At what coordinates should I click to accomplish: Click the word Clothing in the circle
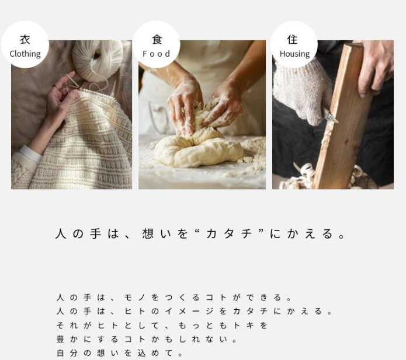pos(25,54)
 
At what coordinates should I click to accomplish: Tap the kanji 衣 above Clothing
pos(25,40)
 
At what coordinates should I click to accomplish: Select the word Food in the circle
pos(157,54)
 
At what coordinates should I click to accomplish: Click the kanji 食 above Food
pos(157,39)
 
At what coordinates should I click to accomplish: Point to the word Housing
pos(294,54)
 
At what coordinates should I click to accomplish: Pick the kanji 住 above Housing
pos(292,39)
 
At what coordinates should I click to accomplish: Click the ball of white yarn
pos(98,61)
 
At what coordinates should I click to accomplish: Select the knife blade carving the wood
pos(331,118)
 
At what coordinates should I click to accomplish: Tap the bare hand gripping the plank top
pos(376,66)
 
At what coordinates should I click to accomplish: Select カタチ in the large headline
pos(230,234)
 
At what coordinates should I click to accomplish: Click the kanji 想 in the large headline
pos(148,233)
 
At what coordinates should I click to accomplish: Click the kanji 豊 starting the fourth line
pos(60,339)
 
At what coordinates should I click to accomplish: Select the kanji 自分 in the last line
pos(67,353)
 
